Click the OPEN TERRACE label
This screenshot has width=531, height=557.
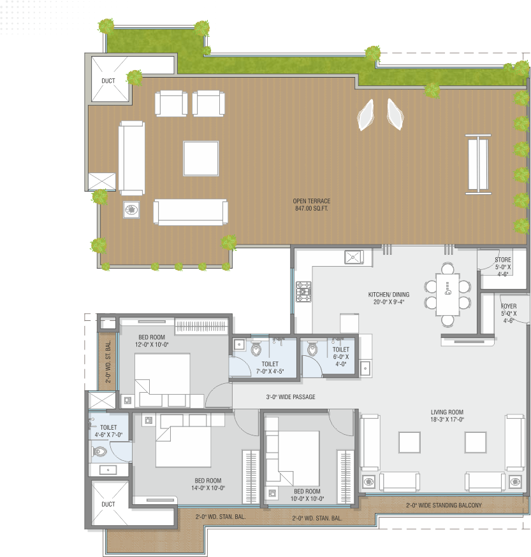[312, 201]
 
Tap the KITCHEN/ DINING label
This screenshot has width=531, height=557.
[389, 295]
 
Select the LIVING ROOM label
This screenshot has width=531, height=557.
[447, 412]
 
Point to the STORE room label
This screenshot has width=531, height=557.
[503, 260]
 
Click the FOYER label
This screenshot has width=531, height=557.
[509, 306]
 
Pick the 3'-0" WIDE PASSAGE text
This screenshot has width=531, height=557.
[291, 397]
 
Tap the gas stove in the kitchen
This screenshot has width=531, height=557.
[303, 292]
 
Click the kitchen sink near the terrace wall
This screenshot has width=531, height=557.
[354, 257]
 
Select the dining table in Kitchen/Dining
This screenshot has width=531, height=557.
[447, 294]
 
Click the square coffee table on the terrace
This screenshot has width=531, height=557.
[201, 159]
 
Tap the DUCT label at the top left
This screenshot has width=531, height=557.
[108, 81]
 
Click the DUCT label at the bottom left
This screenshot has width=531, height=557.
[108, 504]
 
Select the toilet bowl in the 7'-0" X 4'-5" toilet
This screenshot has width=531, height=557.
[256, 348]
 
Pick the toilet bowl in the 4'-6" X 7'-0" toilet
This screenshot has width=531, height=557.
[100, 452]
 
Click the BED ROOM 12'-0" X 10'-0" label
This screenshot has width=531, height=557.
[152, 341]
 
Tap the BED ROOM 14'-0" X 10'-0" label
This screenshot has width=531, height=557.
[208, 484]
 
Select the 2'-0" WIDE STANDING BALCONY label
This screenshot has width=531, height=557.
[444, 505]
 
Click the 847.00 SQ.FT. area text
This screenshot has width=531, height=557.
[312, 209]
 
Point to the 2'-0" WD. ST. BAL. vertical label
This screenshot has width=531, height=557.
[108, 362]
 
